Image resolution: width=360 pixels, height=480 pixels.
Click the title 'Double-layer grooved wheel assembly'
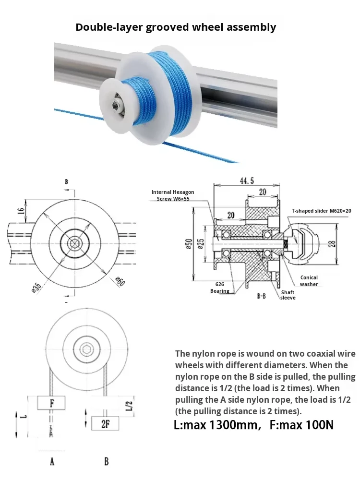[x=176, y=27]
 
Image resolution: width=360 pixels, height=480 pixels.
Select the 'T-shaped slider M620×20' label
[x=321, y=211]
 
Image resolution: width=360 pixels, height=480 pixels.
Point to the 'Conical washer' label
[x=309, y=281]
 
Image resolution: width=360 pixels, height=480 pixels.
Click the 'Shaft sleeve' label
[x=288, y=295]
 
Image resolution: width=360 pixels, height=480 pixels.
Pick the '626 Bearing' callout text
[x=219, y=288]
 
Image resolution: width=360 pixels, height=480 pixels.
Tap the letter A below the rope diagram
[x=52, y=462]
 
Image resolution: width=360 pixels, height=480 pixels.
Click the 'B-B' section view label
[x=262, y=296]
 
